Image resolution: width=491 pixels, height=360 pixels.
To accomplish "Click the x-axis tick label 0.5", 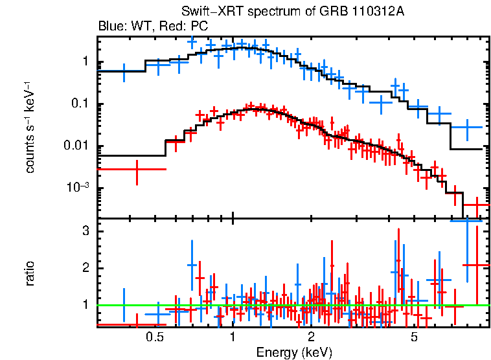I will pyautogui.click(x=154, y=337).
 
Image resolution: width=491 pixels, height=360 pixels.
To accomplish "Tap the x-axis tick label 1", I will pyautogui.click(x=233, y=337).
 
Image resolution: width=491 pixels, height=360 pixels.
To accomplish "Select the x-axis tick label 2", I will pyautogui.click(x=311, y=337).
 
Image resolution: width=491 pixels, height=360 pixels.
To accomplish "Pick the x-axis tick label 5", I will pyautogui.click(x=414, y=337).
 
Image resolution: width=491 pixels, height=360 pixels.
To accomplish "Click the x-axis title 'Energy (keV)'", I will pyautogui.click(x=294, y=352).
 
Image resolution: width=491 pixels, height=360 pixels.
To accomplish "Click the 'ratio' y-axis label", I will pyautogui.click(x=30, y=273).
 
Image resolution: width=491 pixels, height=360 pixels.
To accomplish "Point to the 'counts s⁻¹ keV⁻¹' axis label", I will pyautogui.click(x=30, y=127).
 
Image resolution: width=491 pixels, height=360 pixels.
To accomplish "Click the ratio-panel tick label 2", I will pyautogui.click(x=84, y=268).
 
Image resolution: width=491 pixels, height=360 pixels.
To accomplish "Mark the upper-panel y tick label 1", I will pyautogui.click(x=85, y=63).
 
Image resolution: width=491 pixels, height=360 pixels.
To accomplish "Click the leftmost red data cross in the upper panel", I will pyautogui.click(x=137, y=169).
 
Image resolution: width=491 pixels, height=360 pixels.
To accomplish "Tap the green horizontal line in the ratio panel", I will pyautogui.click(x=291, y=304).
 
